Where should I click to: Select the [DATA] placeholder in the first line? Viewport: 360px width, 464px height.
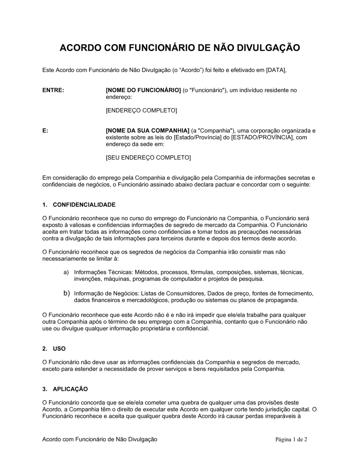[x=276, y=70]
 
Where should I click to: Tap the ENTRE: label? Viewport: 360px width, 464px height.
[x=53, y=90]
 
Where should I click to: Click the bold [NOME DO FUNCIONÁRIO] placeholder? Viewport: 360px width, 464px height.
[x=143, y=90]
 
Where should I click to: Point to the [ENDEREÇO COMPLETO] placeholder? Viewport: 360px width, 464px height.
[x=141, y=110]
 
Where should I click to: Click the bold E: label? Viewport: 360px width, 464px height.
[x=45, y=131]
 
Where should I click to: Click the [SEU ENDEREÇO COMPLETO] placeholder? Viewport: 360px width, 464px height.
[x=148, y=158]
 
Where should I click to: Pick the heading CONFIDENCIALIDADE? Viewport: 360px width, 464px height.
[x=84, y=205]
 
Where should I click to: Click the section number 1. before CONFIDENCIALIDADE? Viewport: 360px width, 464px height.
[x=45, y=205]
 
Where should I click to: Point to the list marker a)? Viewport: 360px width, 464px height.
[x=66, y=272]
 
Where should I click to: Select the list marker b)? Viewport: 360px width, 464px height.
[x=66, y=293]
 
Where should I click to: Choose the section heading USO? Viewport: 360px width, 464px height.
[x=59, y=349]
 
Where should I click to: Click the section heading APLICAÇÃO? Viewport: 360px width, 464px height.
[x=70, y=389]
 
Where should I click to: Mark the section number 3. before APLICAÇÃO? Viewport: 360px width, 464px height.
[x=45, y=389]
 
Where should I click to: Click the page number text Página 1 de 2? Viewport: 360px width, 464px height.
[x=291, y=439]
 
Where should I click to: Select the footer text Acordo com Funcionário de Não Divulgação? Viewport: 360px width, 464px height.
[x=100, y=439]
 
